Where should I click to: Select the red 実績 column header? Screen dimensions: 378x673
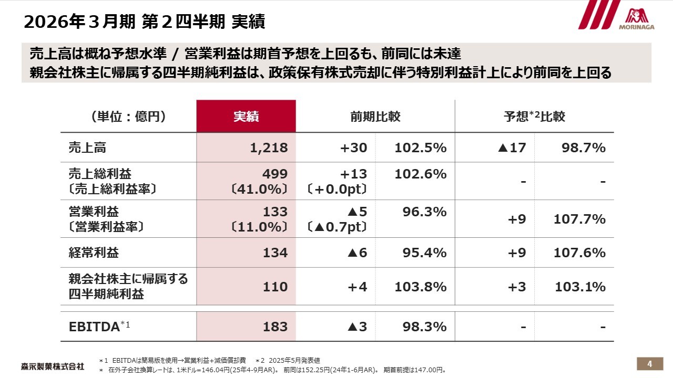tap(246, 117)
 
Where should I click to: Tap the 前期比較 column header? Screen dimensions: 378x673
tap(375, 117)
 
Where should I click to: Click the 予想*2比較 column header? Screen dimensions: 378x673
tap(534, 117)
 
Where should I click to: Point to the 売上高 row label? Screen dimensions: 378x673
tap(87, 148)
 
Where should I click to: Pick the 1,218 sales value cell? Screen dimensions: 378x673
tap(269, 148)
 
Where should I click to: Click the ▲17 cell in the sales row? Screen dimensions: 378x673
tap(511, 148)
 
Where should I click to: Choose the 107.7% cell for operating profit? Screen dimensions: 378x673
tap(579, 219)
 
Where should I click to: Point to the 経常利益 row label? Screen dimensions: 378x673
tap(94, 253)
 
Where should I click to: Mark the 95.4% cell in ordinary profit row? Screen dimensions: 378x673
tap(420, 253)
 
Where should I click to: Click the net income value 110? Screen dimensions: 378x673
tap(276, 287)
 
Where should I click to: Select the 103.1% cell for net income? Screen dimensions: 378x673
tap(580, 287)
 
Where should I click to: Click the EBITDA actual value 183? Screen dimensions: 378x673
tap(276, 327)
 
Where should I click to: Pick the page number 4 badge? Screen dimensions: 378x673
tap(649, 364)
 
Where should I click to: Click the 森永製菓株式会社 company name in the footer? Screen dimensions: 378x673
tap(52, 366)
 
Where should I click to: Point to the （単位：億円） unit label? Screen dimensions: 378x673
tap(128, 117)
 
